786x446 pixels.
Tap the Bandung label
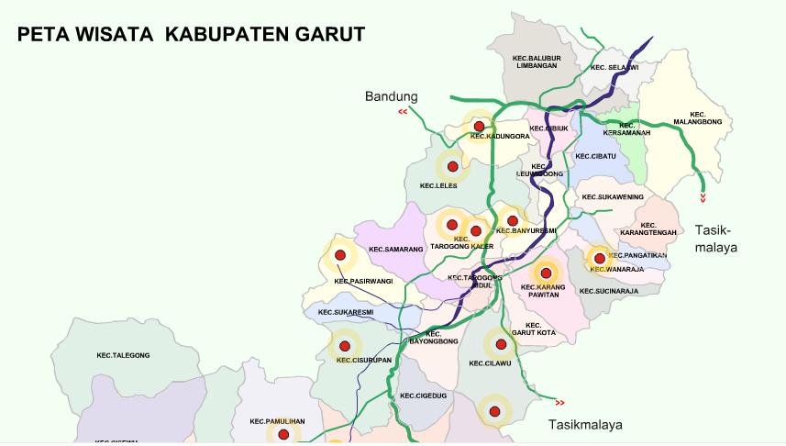tap(391, 96)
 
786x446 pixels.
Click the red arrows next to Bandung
tap(403, 112)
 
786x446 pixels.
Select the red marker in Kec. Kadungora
tap(478, 126)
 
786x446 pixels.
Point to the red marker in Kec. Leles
tap(451, 167)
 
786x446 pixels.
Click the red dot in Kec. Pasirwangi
tap(340, 255)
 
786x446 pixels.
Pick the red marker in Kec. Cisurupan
tap(345, 346)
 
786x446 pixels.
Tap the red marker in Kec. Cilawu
tap(501, 345)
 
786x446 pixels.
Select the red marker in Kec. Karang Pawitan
tap(547, 272)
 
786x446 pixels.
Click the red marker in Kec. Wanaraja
tap(599, 259)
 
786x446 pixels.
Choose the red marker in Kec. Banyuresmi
tap(513, 220)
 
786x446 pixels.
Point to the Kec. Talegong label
tap(123, 355)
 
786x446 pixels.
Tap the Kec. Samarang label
tap(395, 249)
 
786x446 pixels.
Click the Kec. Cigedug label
tap(423, 396)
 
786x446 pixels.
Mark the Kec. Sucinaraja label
tap(608, 291)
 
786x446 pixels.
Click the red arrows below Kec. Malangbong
tap(703, 197)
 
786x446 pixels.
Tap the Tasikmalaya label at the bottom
tap(584, 424)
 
